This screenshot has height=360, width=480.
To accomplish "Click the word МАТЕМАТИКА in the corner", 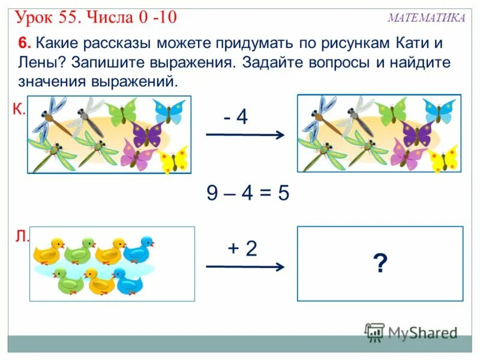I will tap(426, 18).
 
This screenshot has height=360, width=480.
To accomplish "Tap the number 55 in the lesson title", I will tap(71, 16).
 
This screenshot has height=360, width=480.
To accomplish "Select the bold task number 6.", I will tap(23, 44).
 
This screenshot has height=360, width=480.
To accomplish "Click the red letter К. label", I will tap(18, 109).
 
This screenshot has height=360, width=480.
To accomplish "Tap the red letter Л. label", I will tap(21, 237).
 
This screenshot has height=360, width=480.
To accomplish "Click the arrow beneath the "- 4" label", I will tap(245, 136).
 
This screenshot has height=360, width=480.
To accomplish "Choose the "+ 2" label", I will tap(241, 248).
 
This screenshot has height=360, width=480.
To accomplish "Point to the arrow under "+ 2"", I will tap(245, 267).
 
